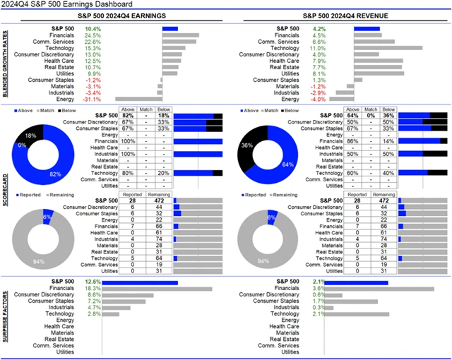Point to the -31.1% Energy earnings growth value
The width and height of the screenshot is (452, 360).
click(x=93, y=99)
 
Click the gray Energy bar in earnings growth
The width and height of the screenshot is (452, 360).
click(x=138, y=99)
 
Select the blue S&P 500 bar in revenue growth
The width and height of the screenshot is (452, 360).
click(x=367, y=29)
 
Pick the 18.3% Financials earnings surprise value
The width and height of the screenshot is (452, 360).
click(x=93, y=288)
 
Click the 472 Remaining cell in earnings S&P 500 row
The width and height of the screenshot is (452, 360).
click(x=157, y=200)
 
